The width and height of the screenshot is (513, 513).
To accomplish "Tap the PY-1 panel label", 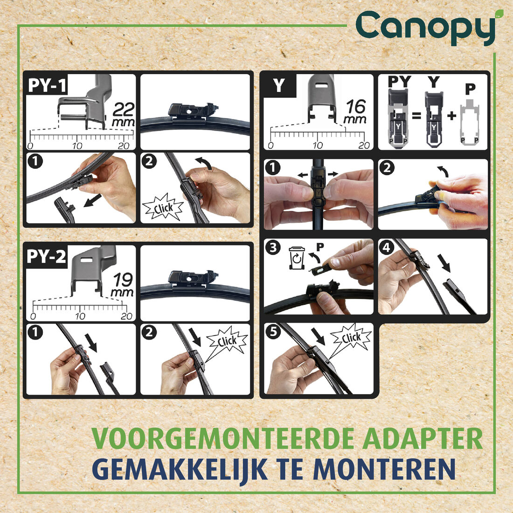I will tap(47, 85).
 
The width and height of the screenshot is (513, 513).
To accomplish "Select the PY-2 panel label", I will tap(47, 256).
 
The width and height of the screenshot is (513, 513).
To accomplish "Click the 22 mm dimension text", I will tap(123, 115).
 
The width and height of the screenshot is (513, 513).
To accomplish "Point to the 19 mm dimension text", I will tap(122, 285).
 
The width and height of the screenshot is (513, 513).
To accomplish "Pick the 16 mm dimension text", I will tap(355, 112).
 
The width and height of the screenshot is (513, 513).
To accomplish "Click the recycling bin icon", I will tap(296, 258).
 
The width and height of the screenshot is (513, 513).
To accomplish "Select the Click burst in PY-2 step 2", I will tap(227, 342).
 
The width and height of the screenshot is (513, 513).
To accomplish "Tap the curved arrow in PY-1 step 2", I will tap(204, 163).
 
